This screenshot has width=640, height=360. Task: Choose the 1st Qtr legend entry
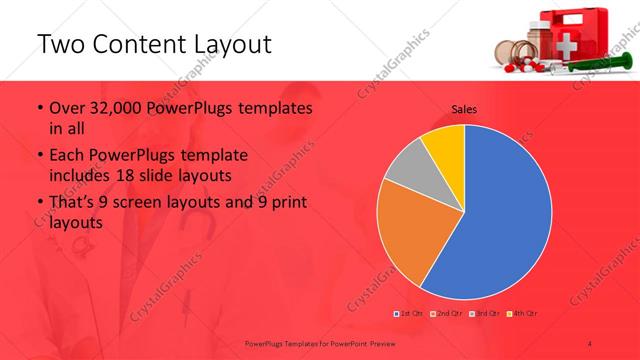(x=408, y=315)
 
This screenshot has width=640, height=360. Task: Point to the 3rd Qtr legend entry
(x=486, y=315)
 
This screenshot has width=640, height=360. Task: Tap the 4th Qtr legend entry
(x=524, y=315)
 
